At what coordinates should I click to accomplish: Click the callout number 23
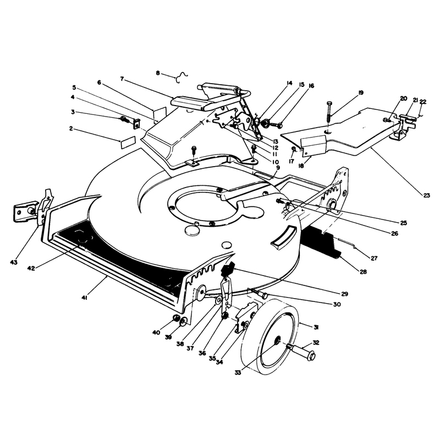426,195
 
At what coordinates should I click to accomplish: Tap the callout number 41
85,298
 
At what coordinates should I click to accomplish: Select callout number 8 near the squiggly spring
158,73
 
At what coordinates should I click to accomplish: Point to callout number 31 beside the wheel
316,327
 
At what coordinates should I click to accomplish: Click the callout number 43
13,262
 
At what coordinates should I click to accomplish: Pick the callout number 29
345,294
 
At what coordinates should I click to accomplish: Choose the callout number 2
71,129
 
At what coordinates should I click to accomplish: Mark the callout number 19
361,92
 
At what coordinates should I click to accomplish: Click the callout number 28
363,272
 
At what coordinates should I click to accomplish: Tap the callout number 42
31,268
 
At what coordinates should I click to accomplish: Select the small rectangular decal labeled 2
128,142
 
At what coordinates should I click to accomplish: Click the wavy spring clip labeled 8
181,76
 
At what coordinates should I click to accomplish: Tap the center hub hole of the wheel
277,340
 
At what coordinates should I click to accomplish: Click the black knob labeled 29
228,268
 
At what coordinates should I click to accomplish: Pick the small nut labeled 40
176,318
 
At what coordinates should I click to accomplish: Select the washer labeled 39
183,321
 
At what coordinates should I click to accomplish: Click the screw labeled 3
125,120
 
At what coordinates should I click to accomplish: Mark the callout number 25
403,223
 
